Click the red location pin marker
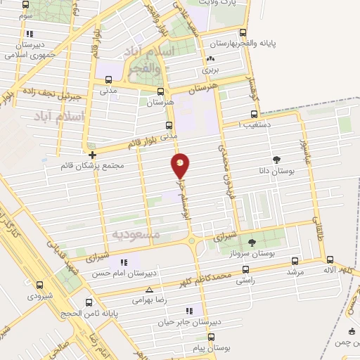pyautogui.click(x=181, y=166)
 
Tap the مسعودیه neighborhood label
pyautogui.click(x=137, y=233)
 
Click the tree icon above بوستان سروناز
pyautogui.click(x=251, y=241)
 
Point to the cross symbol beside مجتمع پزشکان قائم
pyautogui.click(x=92, y=155)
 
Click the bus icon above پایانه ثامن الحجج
pyautogui.click(x=88, y=303)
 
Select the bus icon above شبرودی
pyautogui.click(x=39, y=285)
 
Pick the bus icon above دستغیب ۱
pyautogui.click(x=254, y=114)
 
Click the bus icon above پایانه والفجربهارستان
pyautogui.click(x=243, y=32)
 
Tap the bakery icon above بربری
pyautogui.click(x=210, y=59)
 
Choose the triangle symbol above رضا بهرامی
pyautogui.click(x=148, y=289)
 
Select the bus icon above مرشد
pyautogui.click(x=293, y=259)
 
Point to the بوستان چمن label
pyautogui.click(x=349, y=341)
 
